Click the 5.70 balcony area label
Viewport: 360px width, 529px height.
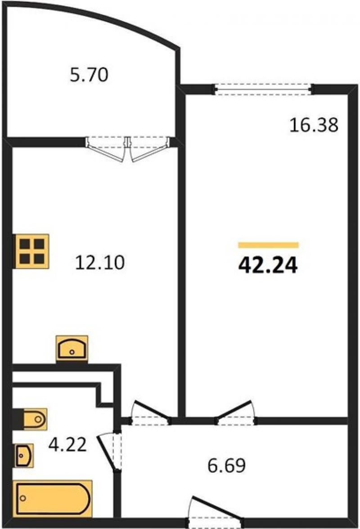(89, 75)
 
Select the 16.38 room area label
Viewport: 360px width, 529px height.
(314, 125)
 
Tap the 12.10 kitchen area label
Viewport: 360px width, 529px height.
(100, 262)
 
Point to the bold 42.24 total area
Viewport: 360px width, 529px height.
(268, 265)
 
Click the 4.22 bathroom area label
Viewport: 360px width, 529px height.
(67, 444)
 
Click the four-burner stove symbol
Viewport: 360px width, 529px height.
(31, 251)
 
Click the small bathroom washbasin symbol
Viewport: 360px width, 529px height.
(23, 456)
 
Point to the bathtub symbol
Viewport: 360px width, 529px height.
(53, 499)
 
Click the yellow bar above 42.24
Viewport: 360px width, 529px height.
(268, 245)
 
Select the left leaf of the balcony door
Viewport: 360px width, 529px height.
(105, 149)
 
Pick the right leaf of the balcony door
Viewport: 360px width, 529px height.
(150, 149)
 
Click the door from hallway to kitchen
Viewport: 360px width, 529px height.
(151, 412)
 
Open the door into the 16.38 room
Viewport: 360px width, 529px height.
(235, 412)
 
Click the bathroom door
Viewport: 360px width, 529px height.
(110, 452)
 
